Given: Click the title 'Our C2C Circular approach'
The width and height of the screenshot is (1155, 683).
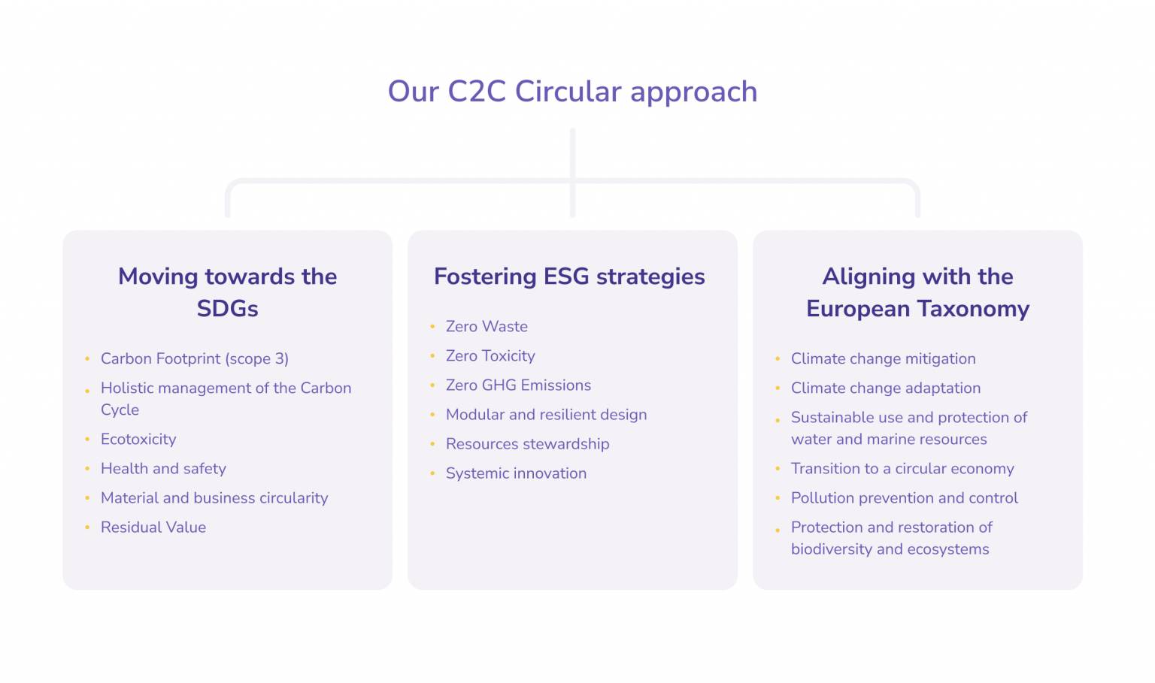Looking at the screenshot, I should pyautogui.click(x=572, y=92).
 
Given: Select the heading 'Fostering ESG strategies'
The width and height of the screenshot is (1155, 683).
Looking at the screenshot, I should pyautogui.click(x=569, y=277).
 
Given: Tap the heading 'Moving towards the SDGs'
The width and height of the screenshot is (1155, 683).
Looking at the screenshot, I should pyautogui.click(x=227, y=292).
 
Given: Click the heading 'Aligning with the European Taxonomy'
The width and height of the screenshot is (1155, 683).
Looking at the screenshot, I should pyautogui.click(x=917, y=292).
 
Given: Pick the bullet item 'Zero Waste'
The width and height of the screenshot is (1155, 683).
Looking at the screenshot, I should pyautogui.click(x=487, y=327).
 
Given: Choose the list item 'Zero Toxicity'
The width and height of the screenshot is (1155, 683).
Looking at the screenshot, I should pyautogui.click(x=490, y=356).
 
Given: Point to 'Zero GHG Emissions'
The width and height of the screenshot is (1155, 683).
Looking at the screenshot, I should pyautogui.click(x=518, y=385).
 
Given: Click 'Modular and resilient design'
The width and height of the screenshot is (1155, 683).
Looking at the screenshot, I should pyautogui.click(x=546, y=415).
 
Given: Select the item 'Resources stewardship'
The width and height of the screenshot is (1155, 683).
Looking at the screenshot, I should pyautogui.click(x=527, y=444).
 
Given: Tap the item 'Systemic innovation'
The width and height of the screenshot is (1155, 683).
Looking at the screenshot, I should pyautogui.click(x=516, y=473).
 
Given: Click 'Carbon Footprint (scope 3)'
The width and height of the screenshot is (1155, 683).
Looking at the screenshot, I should pyautogui.click(x=194, y=359).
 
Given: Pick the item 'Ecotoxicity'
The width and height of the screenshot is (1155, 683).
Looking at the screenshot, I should pyautogui.click(x=138, y=440).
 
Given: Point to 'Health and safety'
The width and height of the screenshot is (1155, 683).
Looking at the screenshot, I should pyautogui.click(x=163, y=469).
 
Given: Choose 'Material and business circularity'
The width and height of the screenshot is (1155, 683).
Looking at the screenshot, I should pyautogui.click(x=214, y=498).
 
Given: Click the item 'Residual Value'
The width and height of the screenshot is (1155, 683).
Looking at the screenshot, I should pyautogui.click(x=153, y=527).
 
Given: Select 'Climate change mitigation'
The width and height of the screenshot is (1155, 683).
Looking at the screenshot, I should pyautogui.click(x=883, y=359).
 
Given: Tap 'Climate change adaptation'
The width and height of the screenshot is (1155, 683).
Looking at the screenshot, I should pyautogui.click(x=885, y=388).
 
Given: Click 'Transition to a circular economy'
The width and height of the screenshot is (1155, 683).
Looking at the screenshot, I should pyautogui.click(x=902, y=469).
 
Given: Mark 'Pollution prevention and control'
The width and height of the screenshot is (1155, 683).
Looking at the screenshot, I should pyautogui.click(x=904, y=498).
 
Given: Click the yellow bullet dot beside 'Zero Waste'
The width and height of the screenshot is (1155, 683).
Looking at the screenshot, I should pyautogui.click(x=432, y=327).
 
